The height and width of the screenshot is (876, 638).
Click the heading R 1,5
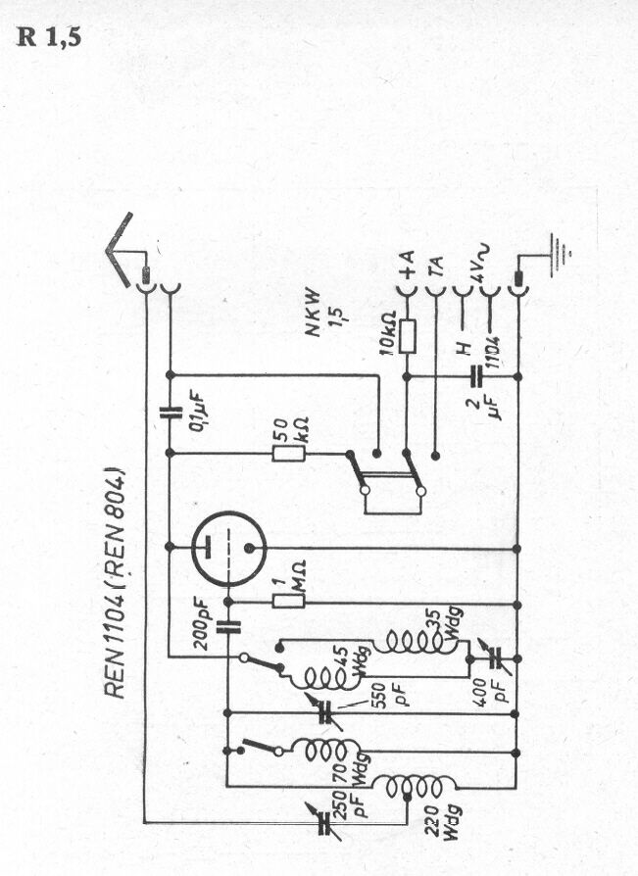click(49, 36)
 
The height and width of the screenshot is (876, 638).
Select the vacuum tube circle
click(228, 549)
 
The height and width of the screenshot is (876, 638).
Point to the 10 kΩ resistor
click(408, 336)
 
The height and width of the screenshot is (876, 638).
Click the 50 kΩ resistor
click(289, 454)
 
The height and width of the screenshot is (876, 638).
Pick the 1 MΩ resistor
click(288, 601)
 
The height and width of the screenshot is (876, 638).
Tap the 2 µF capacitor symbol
click(476, 376)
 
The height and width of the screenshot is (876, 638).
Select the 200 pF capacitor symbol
click(228, 627)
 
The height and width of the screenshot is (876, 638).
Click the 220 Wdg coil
click(414, 787)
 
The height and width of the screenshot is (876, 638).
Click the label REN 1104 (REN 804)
click(115, 582)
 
